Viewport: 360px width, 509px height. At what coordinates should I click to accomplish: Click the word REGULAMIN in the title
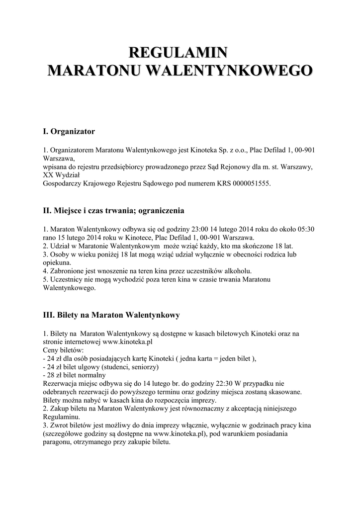click(x=179, y=52)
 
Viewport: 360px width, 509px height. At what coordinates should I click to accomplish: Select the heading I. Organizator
click(x=69, y=132)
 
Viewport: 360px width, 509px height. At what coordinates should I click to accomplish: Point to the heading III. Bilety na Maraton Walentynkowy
click(x=111, y=315)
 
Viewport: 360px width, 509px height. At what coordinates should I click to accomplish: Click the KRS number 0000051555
click(x=249, y=184)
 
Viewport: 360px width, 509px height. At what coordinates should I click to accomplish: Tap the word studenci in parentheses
click(x=116, y=367)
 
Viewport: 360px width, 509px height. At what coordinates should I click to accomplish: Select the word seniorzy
click(x=144, y=367)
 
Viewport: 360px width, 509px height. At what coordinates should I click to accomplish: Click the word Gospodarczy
click(x=62, y=184)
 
